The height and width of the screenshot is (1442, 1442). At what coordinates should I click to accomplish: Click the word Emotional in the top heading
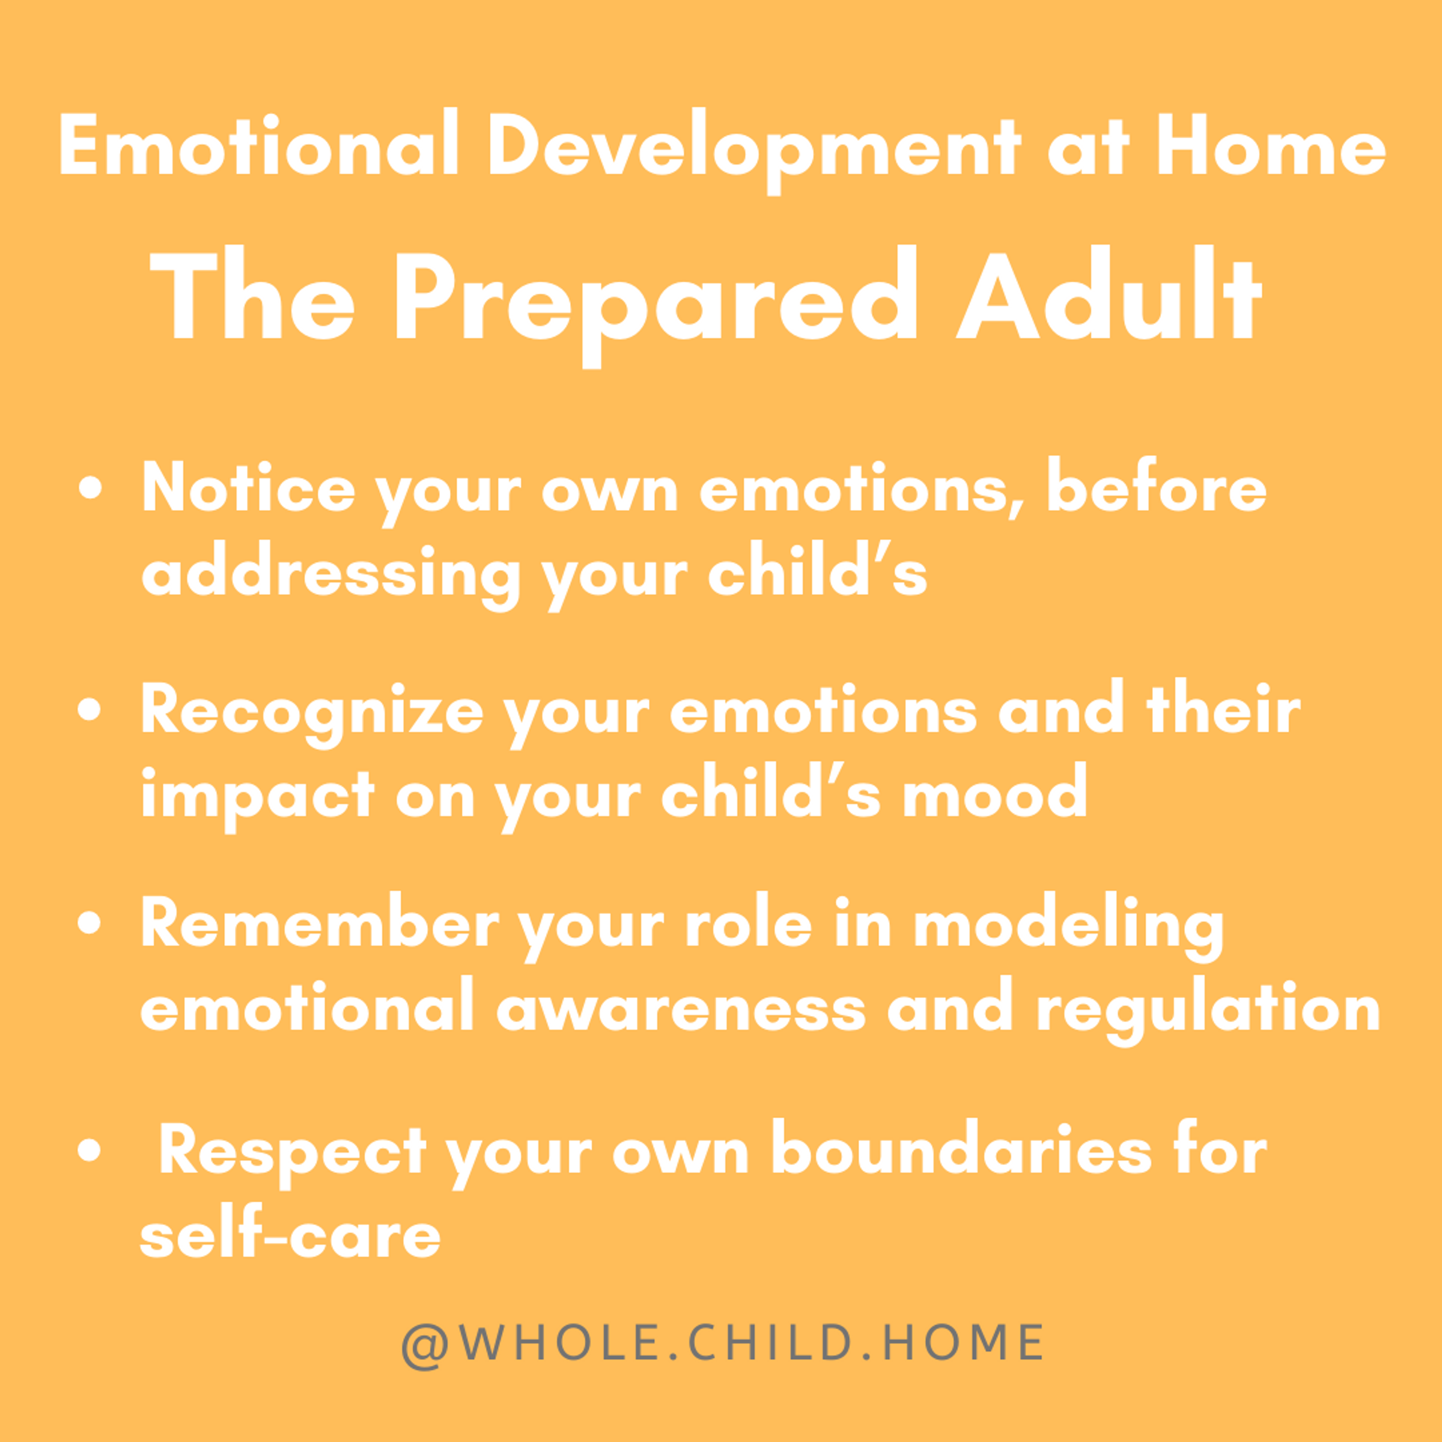(258, 145)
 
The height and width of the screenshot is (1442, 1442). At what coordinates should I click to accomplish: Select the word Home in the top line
(1270, 145)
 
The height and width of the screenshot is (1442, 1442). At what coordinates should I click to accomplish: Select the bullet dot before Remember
(90, 922)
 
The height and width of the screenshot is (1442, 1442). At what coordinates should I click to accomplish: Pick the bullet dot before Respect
(90, 1150)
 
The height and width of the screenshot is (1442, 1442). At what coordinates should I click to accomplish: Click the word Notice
(249, 487)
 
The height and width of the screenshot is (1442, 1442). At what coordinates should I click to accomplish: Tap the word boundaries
(962, 1150)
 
